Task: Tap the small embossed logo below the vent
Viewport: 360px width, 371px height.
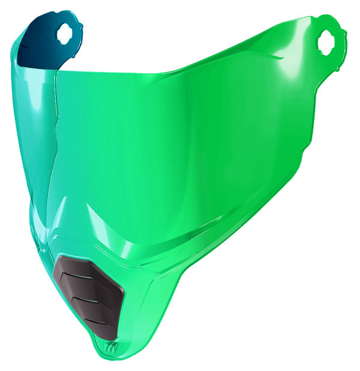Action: point(110,347)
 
